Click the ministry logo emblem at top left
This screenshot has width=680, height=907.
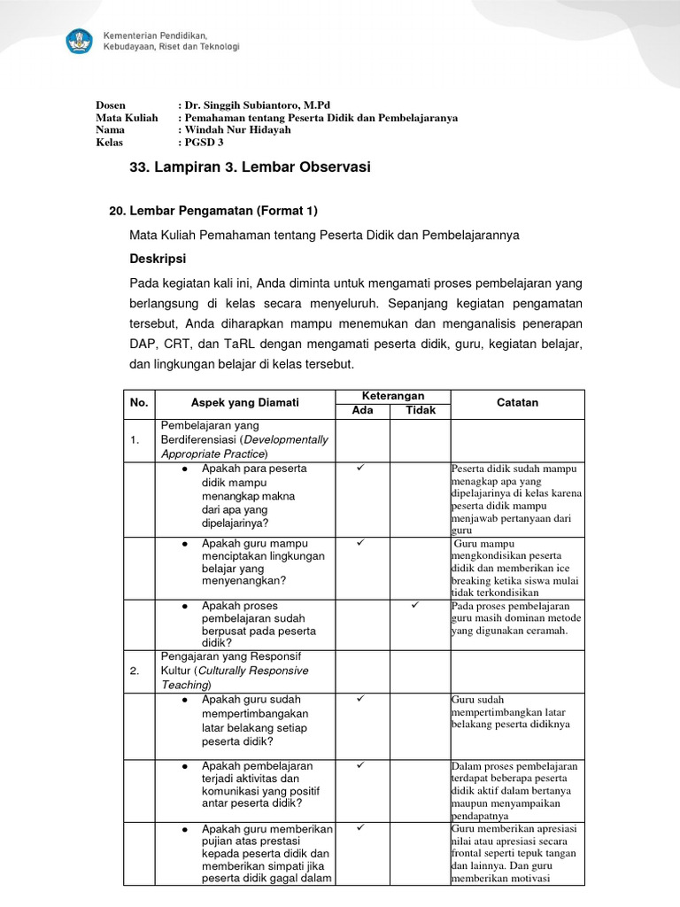click(79, 41)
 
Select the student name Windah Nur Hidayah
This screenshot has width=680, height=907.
click(237, 129)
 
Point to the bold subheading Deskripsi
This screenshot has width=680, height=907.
click(158, 260)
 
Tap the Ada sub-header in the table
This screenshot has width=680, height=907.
click(362, 410)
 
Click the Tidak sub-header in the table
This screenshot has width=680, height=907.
click(421, 410)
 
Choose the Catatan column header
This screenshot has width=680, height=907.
click(517, 403)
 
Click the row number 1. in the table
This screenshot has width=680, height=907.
click(135, 440)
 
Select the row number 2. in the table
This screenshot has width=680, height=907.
click(135, 671)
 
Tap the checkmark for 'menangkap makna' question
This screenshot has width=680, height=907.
click(360, 467)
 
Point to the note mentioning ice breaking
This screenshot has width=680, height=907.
click(514, 568)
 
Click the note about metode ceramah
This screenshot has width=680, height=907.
click(516, 618)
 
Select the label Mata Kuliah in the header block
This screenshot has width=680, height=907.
click(127, 117)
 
